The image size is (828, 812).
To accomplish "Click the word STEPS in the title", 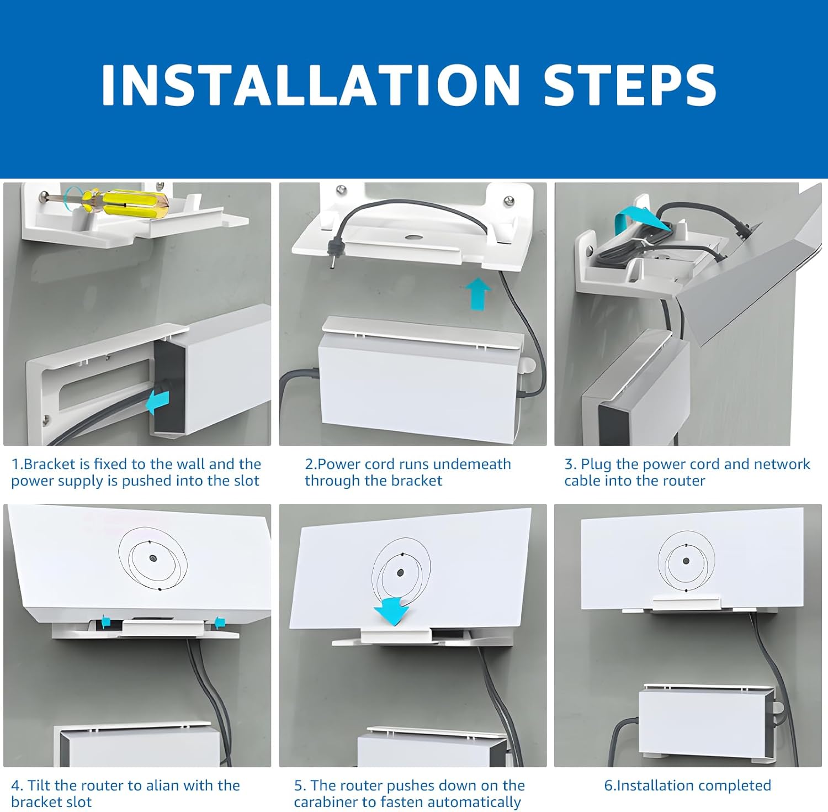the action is point(630,85).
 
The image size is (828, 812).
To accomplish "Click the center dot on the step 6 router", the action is point(686,561).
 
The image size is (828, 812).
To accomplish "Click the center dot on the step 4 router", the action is point(152,558).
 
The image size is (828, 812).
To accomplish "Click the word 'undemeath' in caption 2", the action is point(474,464).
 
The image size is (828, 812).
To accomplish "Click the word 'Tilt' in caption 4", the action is point(38,785).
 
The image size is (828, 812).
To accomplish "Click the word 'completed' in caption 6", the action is point(735,785).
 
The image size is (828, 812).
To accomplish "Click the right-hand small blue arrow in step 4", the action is point(219,622).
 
